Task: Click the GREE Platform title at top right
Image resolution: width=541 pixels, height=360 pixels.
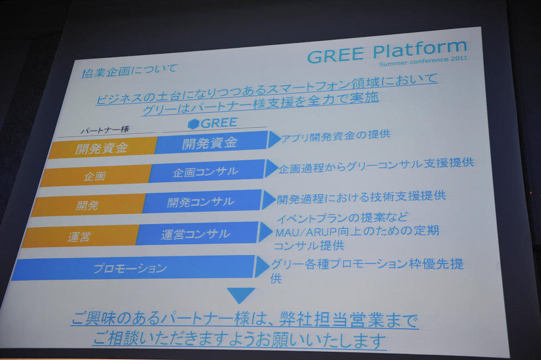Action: [387, 52]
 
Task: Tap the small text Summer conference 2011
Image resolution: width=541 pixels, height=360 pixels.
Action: [423, 61]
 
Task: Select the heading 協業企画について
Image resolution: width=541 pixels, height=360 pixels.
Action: [129, 70]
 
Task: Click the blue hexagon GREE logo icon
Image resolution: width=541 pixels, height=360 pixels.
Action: [193, 124]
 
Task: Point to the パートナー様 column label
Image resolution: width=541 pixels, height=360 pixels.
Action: [104, 130]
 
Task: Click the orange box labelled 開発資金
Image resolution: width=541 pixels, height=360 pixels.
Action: [103, 148]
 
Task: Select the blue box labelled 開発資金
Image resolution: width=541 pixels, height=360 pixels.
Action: [211, 142]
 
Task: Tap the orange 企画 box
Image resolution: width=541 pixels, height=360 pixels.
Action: [95, 176]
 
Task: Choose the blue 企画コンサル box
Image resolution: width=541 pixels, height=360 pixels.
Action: [206, 171]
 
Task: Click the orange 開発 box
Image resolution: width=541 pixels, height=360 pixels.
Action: [87, 205]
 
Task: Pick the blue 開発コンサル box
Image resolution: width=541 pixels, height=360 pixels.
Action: [201, 201]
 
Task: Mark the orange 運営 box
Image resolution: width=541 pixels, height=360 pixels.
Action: [80, 237]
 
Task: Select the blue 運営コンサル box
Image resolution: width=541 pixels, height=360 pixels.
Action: [197, 234]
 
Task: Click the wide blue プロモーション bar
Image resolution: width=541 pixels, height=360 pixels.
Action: [133, 268]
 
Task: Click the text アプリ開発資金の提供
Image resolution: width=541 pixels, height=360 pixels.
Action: [335, 136]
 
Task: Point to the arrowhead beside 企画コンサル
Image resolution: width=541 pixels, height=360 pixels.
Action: [271, 168]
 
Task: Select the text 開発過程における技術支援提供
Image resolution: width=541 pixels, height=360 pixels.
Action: [361, 197]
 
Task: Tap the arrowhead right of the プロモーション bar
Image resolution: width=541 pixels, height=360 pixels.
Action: [262, 267]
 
